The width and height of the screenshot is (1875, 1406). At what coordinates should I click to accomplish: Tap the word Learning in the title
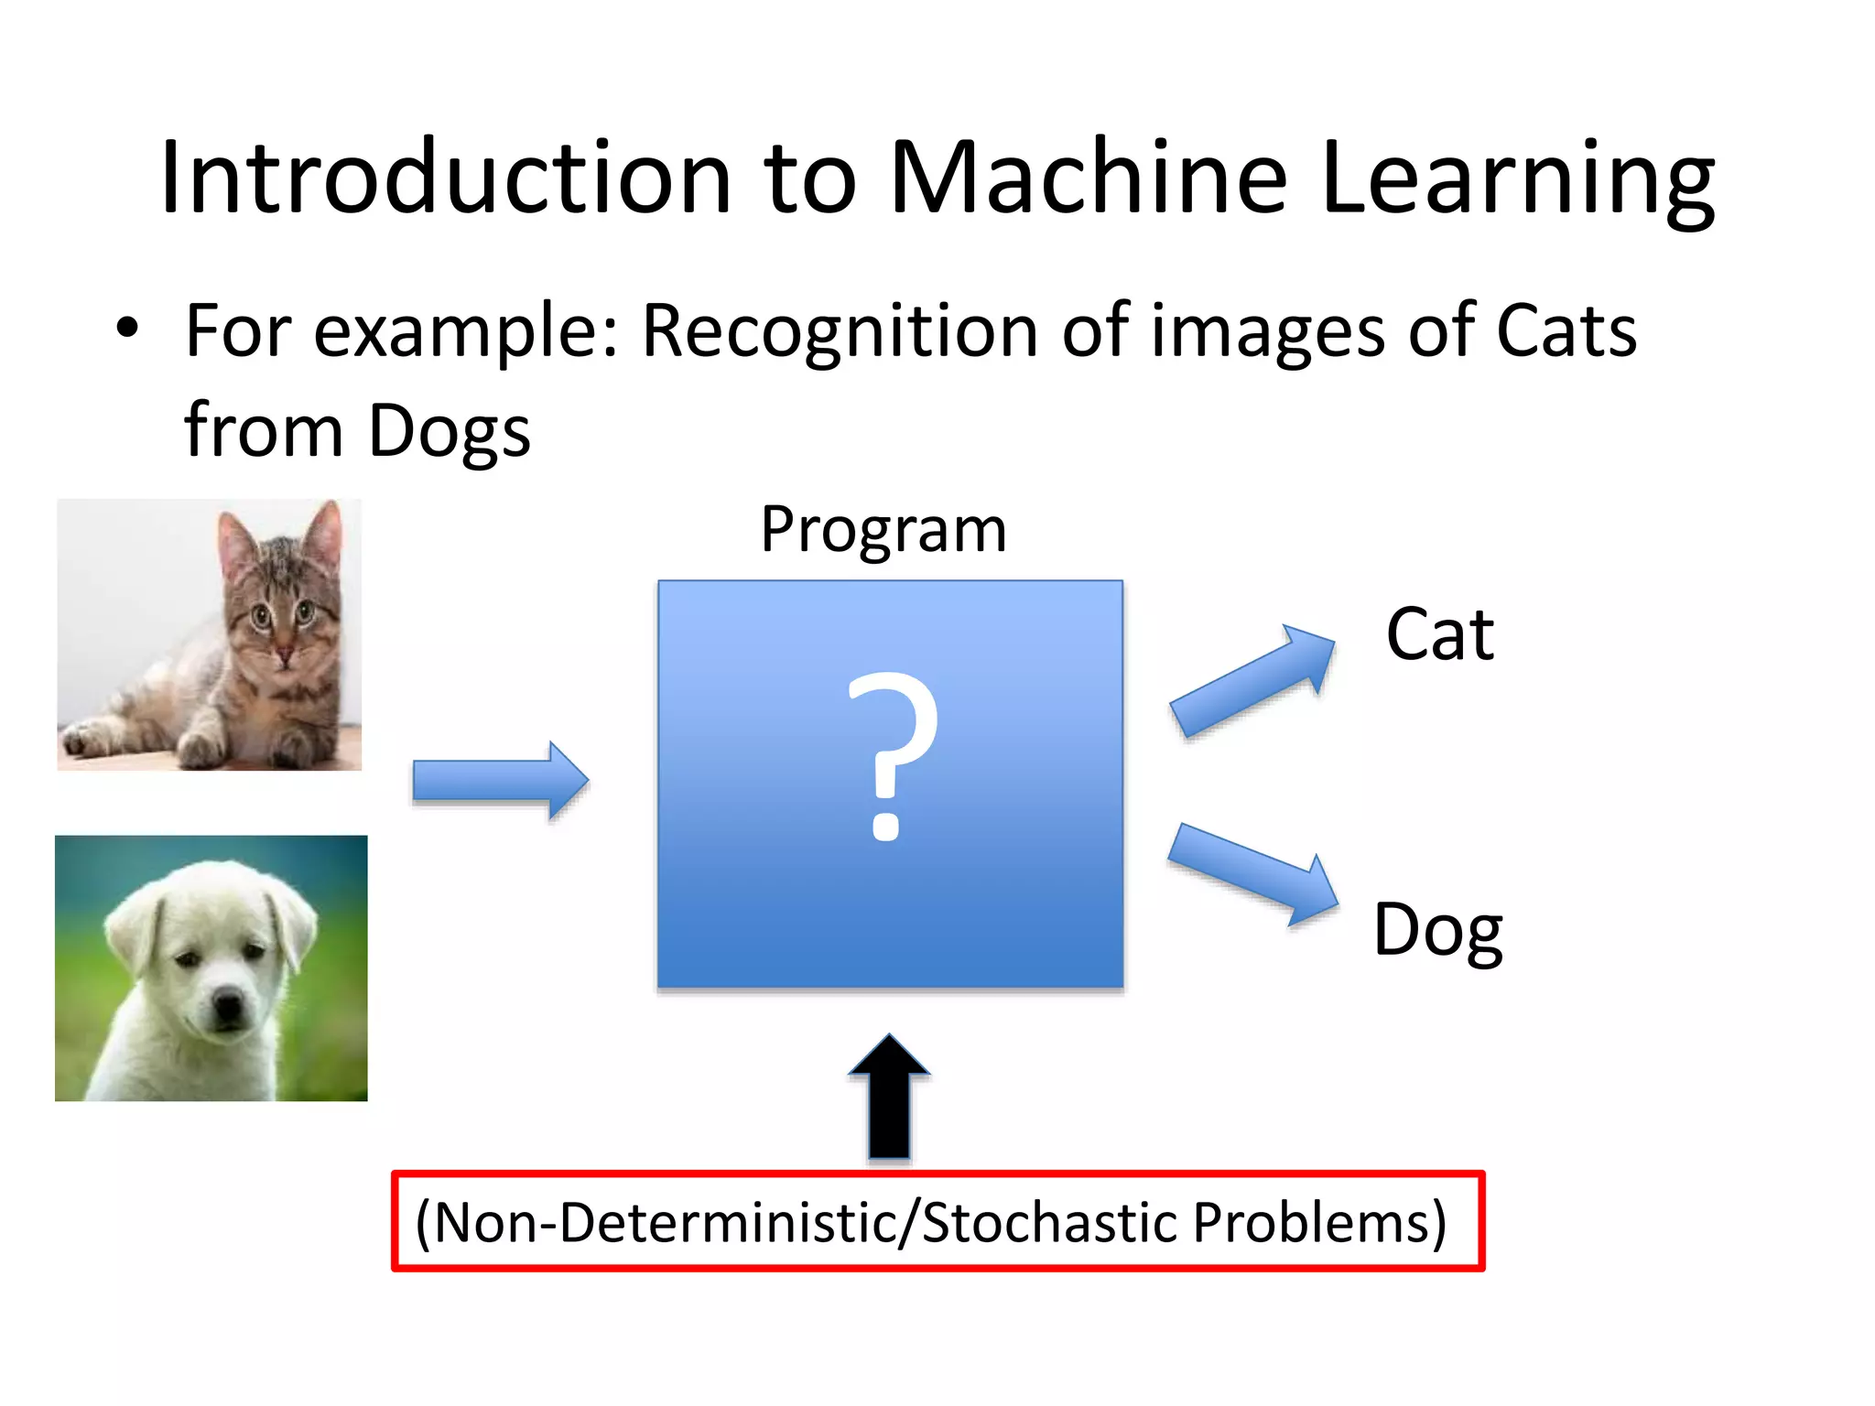pos(1517,178)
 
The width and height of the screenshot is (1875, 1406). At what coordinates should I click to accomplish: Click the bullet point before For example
pos(127,329)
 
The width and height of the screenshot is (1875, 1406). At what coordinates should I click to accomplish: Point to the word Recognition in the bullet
pos(840,330)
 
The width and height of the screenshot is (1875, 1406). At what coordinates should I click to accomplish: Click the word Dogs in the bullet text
pos(449,430)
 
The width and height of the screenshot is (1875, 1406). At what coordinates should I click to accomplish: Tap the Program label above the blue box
pos(883,530)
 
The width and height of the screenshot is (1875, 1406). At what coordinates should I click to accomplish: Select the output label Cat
pos(1439,633)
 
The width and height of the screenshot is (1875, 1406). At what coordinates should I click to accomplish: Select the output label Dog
pos(1437,930)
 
